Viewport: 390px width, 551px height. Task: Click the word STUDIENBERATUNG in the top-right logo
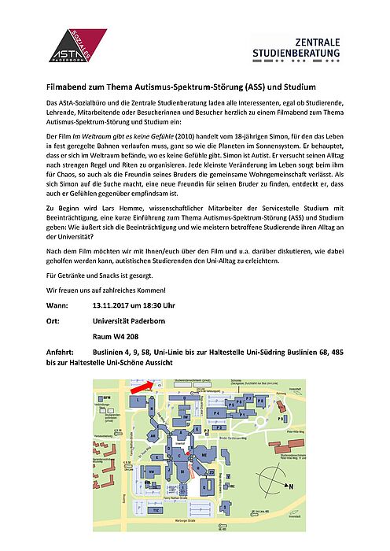click(x=296, y=54)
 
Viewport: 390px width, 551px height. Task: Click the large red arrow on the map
click(x=144, y=386)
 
